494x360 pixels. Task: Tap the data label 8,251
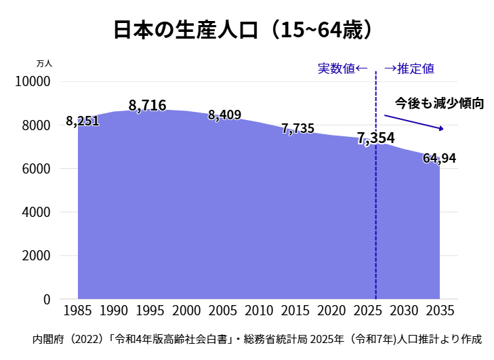pyautogui.click(x=83, y=121)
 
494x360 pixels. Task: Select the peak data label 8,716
pyautogui.click(x=147, y=106)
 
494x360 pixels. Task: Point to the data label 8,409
pyautogui.click(x=224, y=115)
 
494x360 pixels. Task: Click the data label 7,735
pyautogui.click(x=297, y=129)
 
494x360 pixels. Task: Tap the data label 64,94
pyautogui.click(x=439, y=159)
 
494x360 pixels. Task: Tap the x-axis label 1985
pyautogui.click(x=77, y=311)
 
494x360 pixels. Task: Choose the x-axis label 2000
pyautogui.click(x=186, y=311)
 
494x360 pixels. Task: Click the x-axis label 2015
pyautogui.click(x=295, y=311)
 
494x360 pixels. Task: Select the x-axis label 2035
pyautogui.click(x=440, y=311)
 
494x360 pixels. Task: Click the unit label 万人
pyautogui.click(x=44, y=63)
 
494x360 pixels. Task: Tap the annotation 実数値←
pyautogui.click(x=342, y=68)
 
